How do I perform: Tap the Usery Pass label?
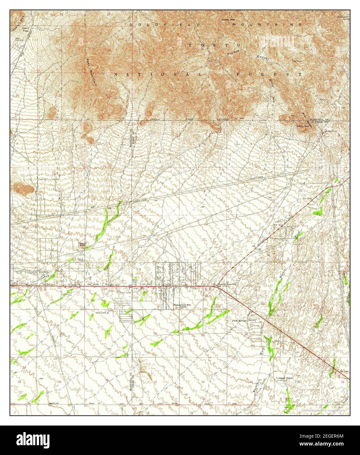(x=25, y=29)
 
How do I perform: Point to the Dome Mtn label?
(x=228, y=20)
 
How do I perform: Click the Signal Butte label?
(x=84, y=244)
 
